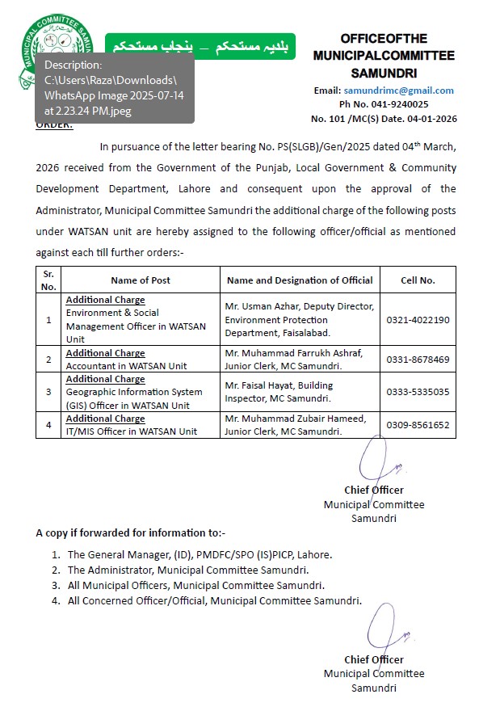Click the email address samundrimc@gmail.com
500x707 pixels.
398,90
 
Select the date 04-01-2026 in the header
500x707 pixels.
431,118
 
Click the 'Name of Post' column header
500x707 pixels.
141,280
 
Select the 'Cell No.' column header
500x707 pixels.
418,280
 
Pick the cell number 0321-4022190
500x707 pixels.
418,319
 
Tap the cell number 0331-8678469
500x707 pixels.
418,359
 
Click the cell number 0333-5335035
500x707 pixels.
418,392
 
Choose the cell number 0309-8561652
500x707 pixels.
418,425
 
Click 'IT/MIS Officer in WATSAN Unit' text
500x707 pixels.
132,431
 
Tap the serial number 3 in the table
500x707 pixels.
48,392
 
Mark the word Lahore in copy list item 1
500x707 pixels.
315,555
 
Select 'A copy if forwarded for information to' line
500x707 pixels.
131,532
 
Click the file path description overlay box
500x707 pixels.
114,87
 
